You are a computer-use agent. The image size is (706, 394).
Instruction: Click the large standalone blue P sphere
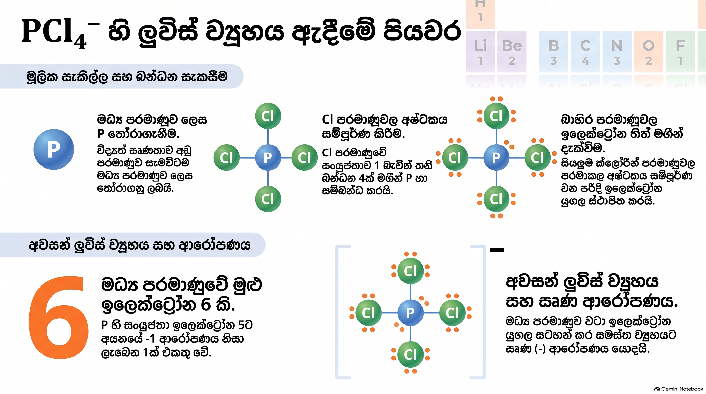pos(54,149)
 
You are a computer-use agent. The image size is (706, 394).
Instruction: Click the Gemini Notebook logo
pos(678,389)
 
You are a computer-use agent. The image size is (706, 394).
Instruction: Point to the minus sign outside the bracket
pos(497,250)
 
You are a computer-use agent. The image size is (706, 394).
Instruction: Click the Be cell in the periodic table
pos(512,52)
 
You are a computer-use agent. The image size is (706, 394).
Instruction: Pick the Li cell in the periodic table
pos(480,52)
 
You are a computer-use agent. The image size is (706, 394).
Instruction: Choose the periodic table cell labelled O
pos(649,52)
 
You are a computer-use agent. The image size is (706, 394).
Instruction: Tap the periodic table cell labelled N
pos(617,52)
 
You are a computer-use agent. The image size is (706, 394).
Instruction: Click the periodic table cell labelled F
pos(680,52)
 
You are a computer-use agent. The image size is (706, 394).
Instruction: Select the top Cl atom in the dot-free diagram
pos(268,116)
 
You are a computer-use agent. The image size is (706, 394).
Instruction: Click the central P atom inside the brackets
pos(410,313)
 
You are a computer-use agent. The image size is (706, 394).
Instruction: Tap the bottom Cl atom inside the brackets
pos(410,354)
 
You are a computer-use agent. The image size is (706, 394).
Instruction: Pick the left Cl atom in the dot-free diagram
pos(226,157)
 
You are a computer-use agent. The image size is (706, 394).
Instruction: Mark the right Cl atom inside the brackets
pos(452,313)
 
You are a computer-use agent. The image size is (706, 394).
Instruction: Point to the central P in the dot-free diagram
pos(268,157)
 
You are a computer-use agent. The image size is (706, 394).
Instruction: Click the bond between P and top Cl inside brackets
pos(410,292)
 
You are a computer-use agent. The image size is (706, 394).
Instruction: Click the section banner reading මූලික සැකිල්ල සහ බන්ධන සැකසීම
pos(122,76)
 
